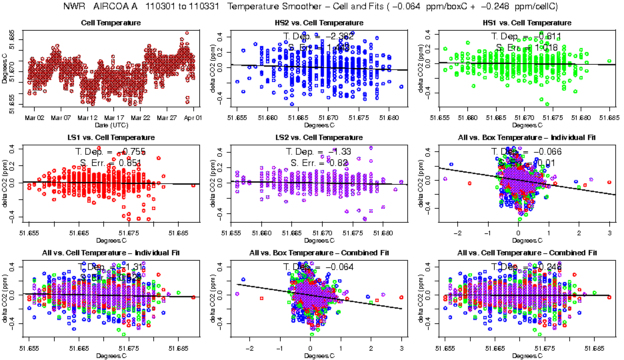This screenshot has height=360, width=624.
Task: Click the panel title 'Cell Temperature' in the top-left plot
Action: [x=111, y=23]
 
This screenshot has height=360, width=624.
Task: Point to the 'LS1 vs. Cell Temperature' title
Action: [x=111, y=138]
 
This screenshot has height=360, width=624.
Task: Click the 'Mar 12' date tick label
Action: [x=89, y=117]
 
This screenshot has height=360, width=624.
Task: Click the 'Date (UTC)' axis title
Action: [x=111, y=125]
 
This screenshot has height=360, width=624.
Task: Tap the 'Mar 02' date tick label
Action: [x=35, y=117]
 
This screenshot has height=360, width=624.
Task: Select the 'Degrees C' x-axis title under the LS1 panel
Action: [x=111, y=240]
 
